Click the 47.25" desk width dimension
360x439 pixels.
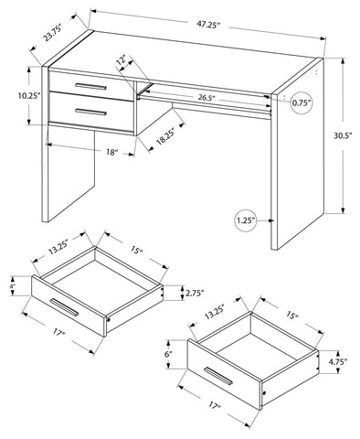208,25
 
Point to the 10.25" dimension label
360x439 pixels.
29,95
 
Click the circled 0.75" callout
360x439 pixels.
302,102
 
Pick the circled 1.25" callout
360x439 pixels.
245,220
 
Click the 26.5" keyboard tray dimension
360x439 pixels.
206,98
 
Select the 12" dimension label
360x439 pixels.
122,59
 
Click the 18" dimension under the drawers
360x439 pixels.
112,152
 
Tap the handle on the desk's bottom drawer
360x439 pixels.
91,112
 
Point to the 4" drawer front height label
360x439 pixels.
12,286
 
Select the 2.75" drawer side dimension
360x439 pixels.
195,294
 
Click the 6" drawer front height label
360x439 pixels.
169,354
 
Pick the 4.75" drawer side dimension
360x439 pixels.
338,362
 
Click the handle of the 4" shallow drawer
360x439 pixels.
65,307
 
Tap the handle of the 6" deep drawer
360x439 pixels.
218,376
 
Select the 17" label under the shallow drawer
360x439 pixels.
59,333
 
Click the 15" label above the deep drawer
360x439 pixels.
292,316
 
